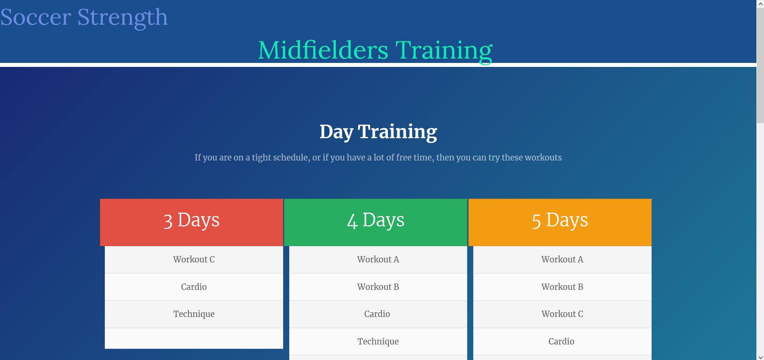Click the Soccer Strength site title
[x=84, y=17]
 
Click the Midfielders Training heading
[x=375, y=50]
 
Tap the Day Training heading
[x=378, y=131]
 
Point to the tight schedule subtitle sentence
[x=378, y=157]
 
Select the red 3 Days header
[x=192, y=222]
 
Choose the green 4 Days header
[x=376, y=222]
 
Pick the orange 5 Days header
[x=560, y=222]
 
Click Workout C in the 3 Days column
[x=194, y=259]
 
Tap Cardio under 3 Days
[x=194, y=287]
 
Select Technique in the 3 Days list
[x=194, y=314]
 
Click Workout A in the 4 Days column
[x=378, y=259]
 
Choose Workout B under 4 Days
[x=378, y=287]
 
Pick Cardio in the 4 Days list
[x=377, y=314]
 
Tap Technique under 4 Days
[x=378, y=341]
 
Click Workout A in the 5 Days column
[x=562, y=259]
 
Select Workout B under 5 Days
[x=562, y=287]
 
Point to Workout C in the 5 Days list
[x=562, y=314]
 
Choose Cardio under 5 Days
[x=561, y=341]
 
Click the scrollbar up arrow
[x=760, y=4]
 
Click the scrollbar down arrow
[x=760, y=356]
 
